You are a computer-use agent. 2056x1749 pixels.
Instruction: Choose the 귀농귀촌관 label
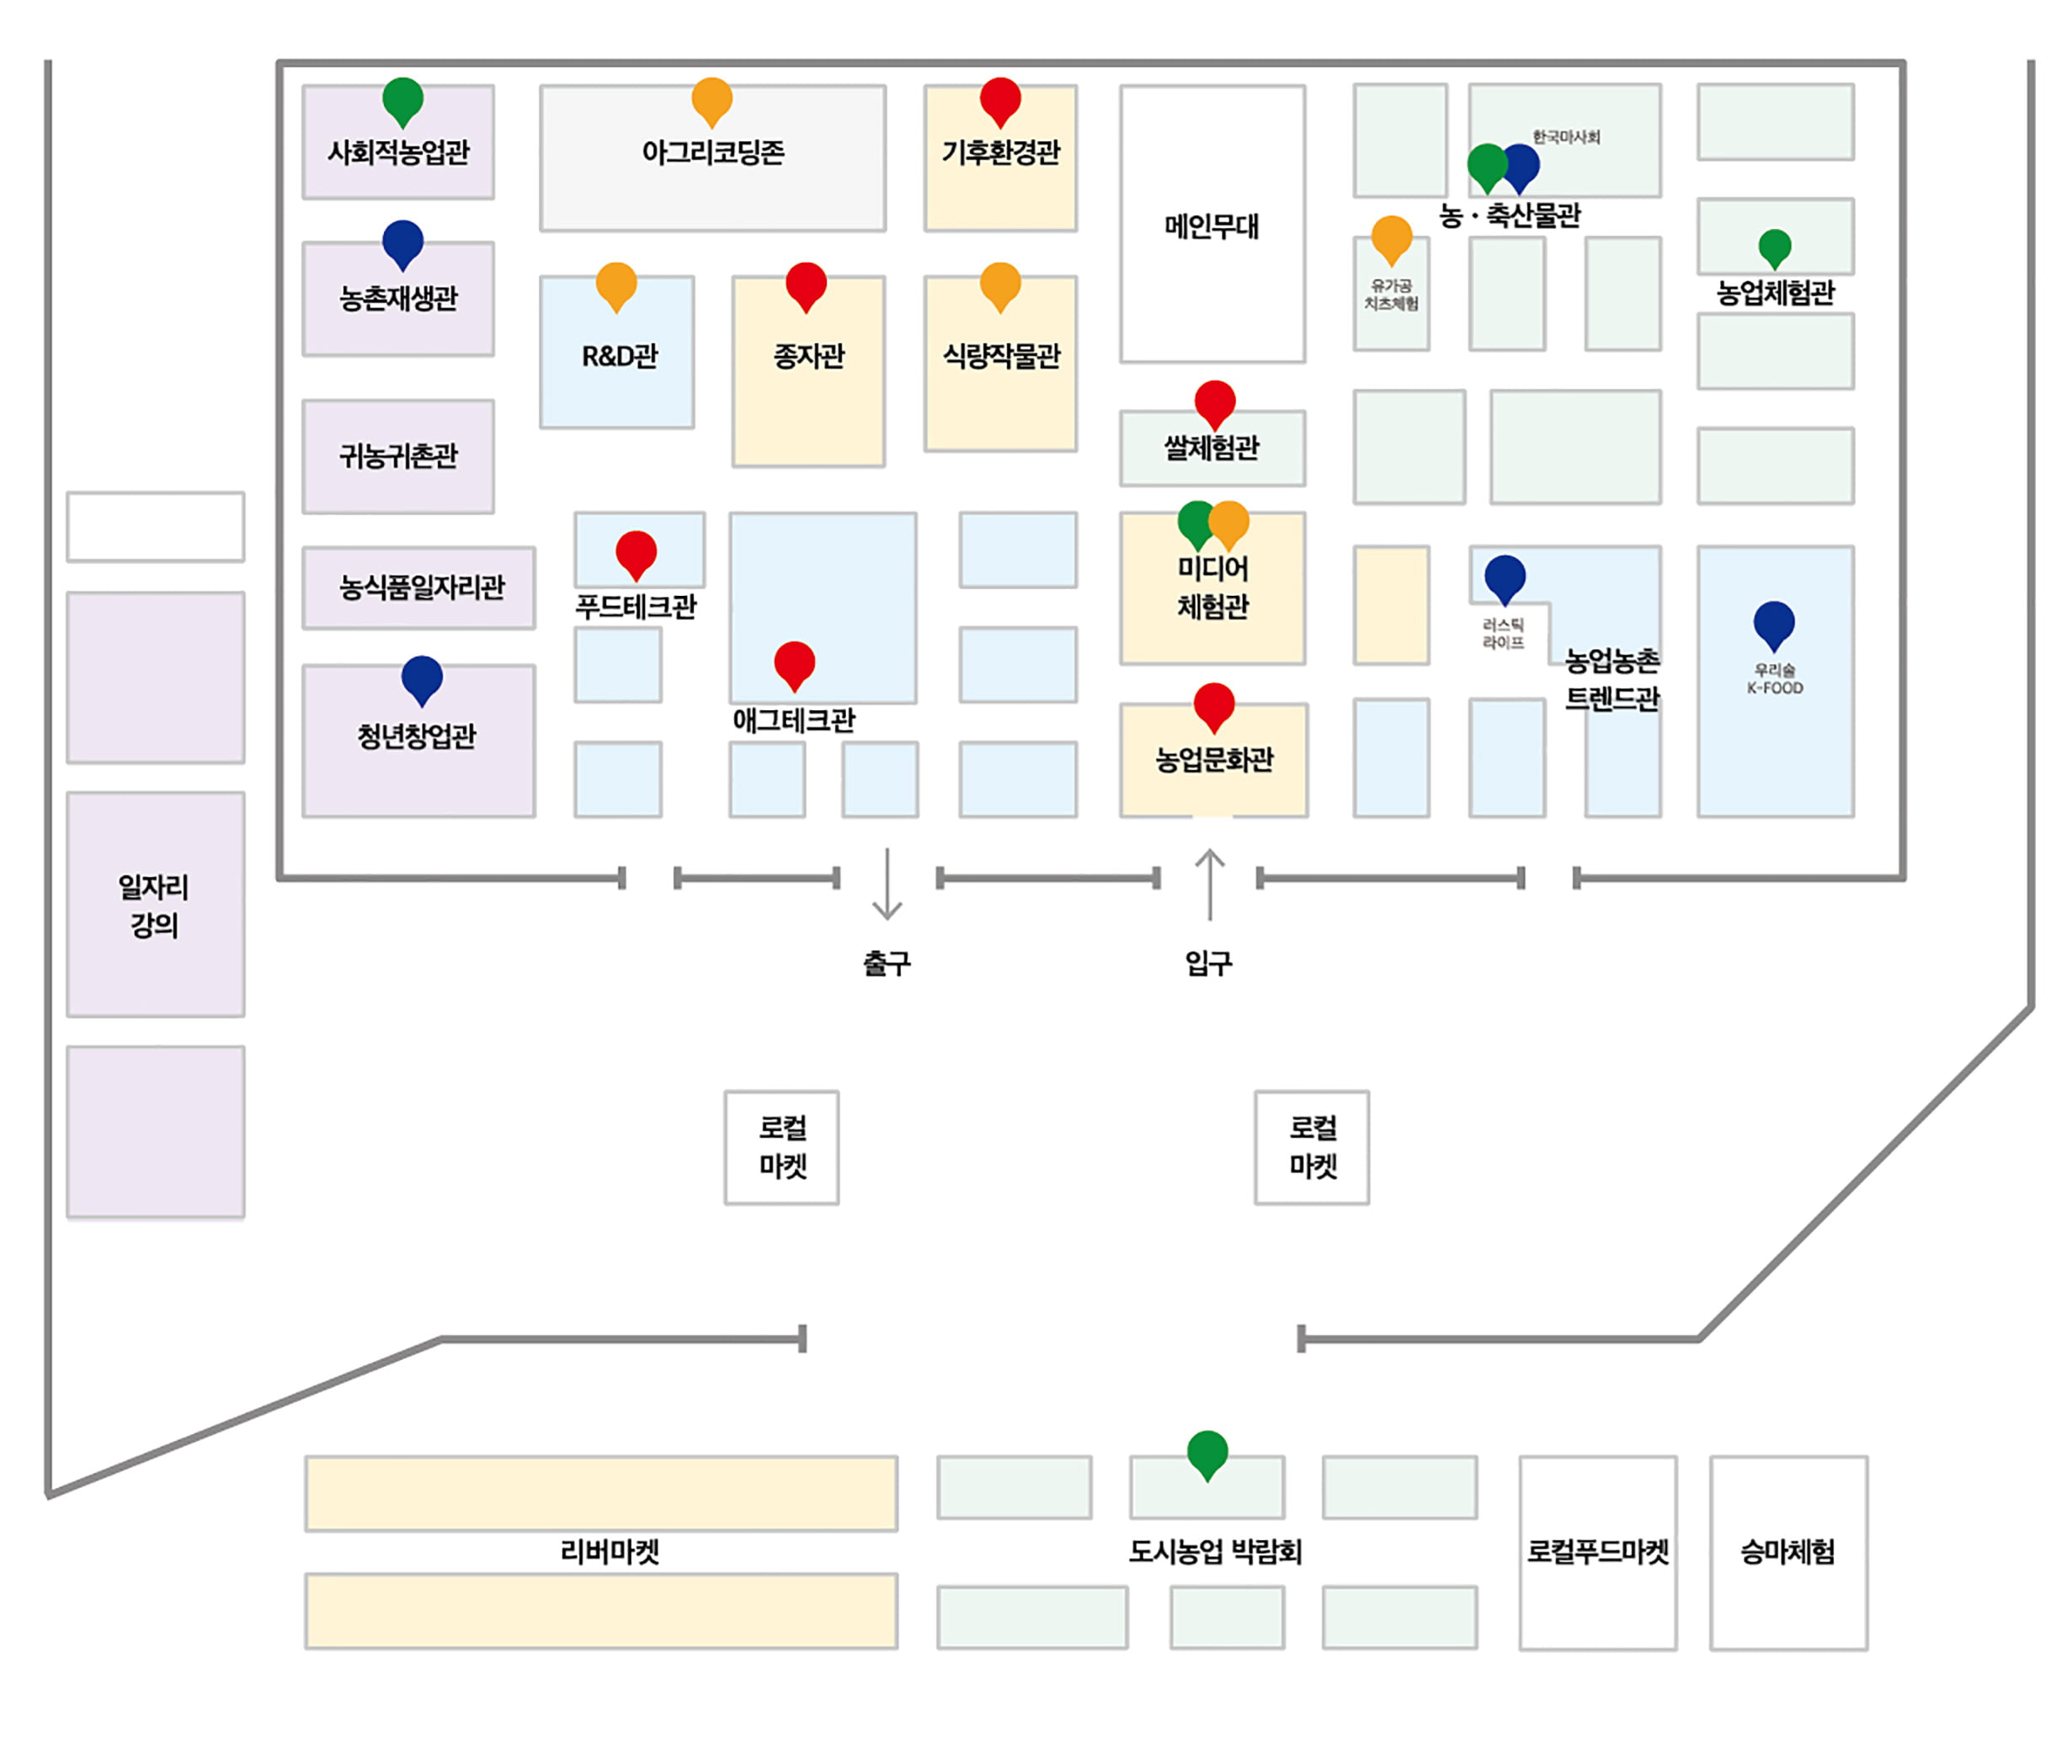(399, 455)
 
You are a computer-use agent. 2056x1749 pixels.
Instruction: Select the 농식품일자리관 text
(422, 587)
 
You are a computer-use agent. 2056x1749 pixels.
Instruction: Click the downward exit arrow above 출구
(887, 884)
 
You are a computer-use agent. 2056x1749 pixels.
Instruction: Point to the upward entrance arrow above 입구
(1209, 884)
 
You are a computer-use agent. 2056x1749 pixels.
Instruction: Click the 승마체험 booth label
(1787, 1552)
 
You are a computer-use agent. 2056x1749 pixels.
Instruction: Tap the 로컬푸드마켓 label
(1597, 1552)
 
